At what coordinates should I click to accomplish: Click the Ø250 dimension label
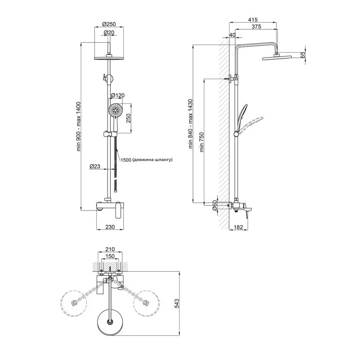point(110,24)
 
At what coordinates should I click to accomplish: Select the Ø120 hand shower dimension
point(117,95)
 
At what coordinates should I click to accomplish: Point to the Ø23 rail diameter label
point(94,166)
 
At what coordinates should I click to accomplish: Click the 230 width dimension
point(110,227)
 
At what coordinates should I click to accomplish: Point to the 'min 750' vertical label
point(202,142)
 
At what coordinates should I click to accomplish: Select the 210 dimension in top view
point(110,249)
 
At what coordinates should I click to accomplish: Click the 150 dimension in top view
point(110,256)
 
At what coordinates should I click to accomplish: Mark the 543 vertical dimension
point(177,304)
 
